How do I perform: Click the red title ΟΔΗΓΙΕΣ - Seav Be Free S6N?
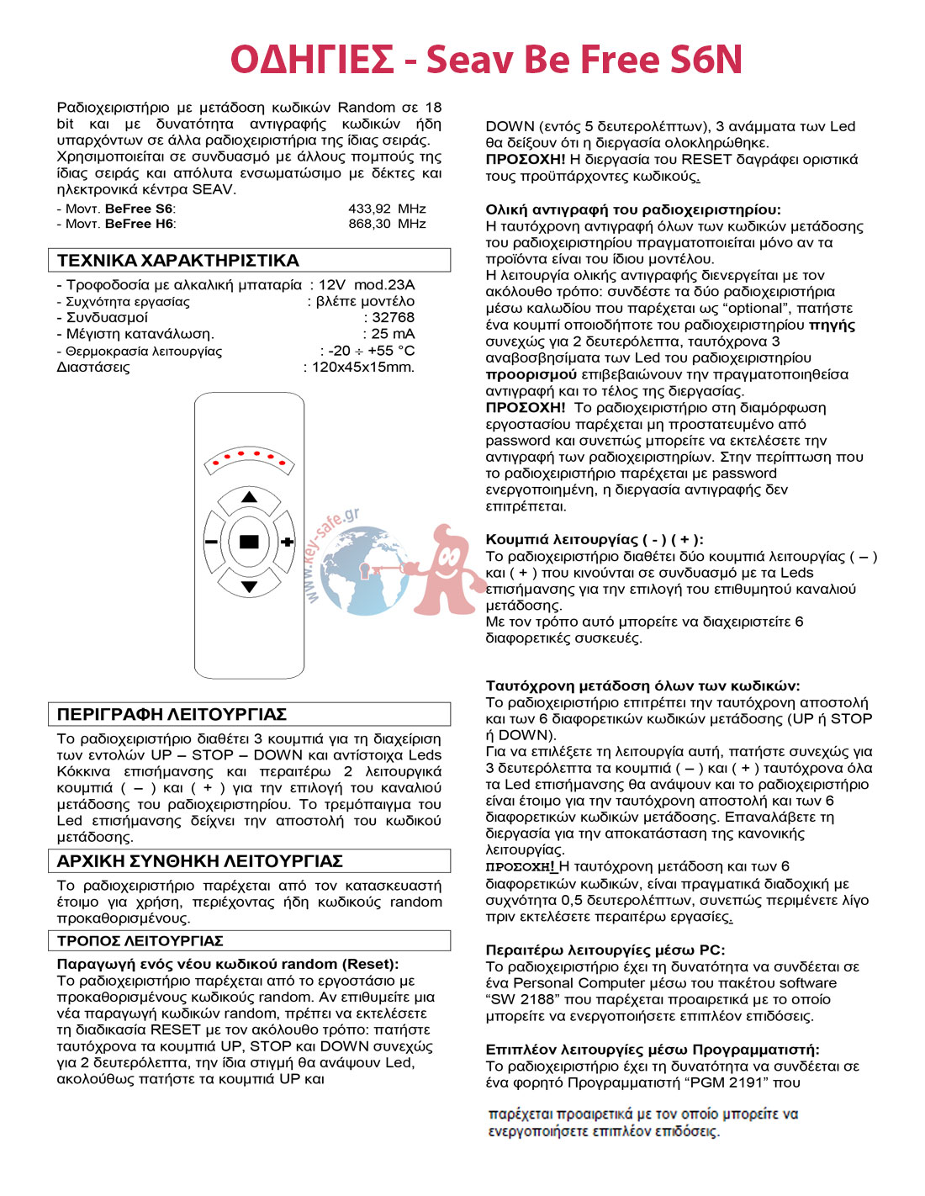pos(486,60)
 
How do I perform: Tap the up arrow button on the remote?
pos(249,498)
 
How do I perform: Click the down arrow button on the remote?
pos(249,586)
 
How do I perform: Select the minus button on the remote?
pos(211,542)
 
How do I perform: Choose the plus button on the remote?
pos(288,542)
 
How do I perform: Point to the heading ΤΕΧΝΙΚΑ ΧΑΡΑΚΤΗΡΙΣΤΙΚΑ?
pos(177,261)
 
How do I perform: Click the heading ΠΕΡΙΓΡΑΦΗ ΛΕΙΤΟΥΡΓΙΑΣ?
pos(172,715)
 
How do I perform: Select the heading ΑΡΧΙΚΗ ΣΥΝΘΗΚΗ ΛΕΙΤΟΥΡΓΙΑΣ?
pos(199,861)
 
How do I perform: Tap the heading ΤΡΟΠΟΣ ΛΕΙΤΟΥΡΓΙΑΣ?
pos(140,940)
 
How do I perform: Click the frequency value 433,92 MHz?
pos(387,209)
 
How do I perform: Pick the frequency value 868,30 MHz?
pos(387,224)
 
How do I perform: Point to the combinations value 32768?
pos(393,318)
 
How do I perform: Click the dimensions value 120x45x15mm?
pos(362,368)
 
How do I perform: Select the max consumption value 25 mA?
pos(393,334)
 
